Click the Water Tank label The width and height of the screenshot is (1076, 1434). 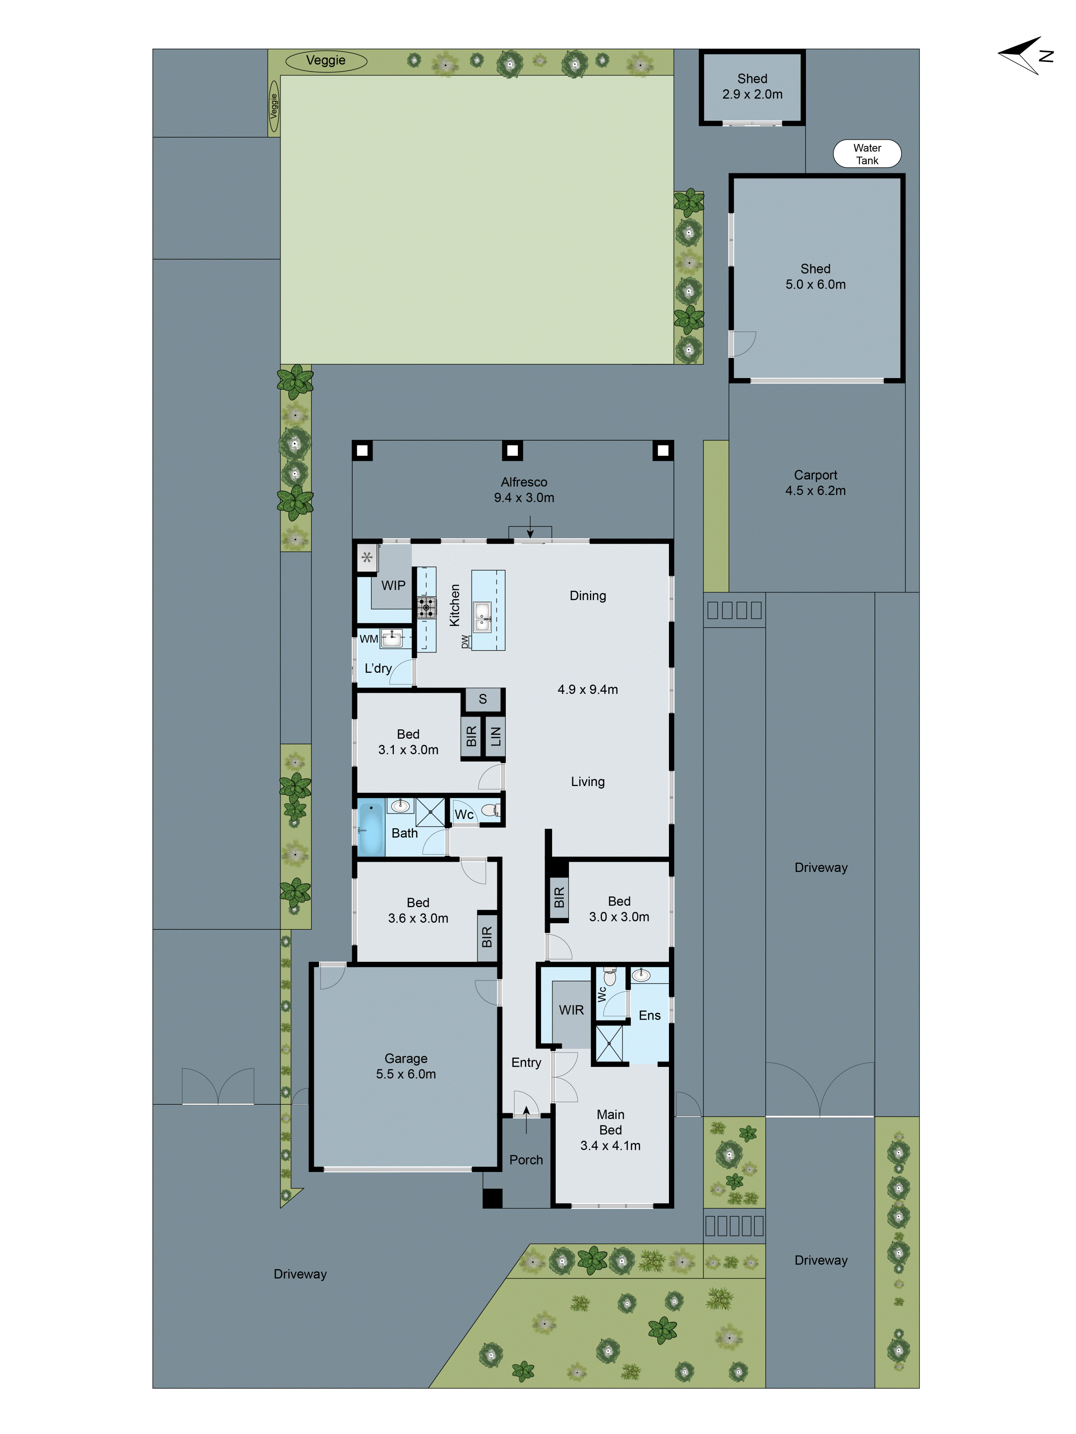click(867, 154)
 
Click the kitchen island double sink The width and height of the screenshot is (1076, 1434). click(482, 616)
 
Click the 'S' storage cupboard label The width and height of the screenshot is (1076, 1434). click(482, 699)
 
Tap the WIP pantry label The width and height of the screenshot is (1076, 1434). click(393, 585)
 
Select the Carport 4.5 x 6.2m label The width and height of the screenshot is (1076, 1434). click(815, 483)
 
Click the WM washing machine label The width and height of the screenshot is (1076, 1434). click(368, 639)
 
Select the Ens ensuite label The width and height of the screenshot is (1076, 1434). click(649, 1015)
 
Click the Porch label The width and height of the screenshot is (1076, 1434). click(526, 1160)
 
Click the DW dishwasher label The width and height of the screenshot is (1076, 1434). click(464, 642)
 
